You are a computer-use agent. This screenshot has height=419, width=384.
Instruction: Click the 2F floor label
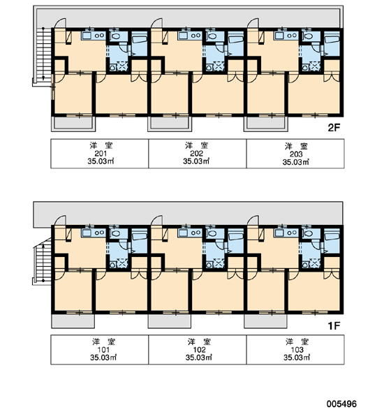(x=334, y=128)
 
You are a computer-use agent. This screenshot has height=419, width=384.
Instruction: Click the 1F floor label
(x=334, y=325)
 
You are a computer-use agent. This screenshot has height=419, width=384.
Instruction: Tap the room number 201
(x=101, y=154)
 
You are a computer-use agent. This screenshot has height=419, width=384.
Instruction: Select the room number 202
(x=197, y=154)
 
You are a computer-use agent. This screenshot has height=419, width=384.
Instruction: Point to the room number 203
(x=296, y=154)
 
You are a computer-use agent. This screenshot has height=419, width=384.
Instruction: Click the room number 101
(x=103, y=350)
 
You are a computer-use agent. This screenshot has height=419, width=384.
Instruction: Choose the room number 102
(x=200, y=350)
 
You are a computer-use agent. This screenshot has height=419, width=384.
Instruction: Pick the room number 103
(x=297, y=350)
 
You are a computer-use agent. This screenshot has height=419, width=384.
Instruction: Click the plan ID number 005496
(x=341, y=404)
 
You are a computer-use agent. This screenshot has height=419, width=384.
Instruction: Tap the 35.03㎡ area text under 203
(x=296, y=162)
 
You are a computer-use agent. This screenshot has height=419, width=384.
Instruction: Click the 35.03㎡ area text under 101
(x=103, y=358)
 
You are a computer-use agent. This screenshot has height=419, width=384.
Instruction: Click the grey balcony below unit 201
(x=73, y=124)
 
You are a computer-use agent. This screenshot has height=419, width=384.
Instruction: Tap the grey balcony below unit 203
(x=265, y=124)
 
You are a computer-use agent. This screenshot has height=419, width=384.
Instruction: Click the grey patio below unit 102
(x=170, y=321)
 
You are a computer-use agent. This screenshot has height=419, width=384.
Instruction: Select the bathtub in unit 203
(x=332, y=40)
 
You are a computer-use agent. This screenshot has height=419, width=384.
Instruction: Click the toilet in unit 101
(x=116, y=233)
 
